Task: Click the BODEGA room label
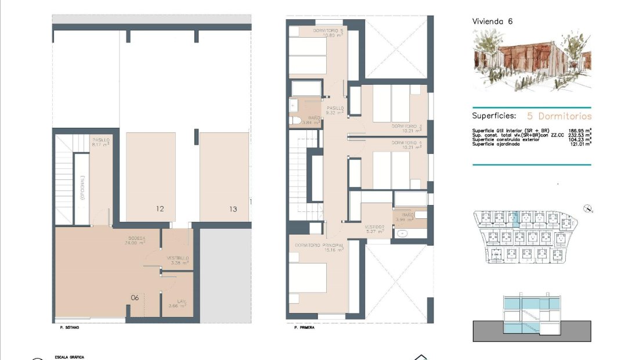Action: [137, 238]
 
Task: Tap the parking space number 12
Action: [160, 209]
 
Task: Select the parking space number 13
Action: [233, 209]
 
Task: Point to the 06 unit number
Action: [135, 297]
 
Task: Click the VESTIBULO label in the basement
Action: [178, 258]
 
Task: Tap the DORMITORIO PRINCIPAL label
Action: [319, 245]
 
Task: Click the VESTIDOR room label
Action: [374, 227]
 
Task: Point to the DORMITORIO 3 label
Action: [406, 126]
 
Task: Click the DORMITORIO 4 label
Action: [406, 142]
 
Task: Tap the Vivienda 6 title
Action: [492, 21]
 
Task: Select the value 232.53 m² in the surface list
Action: [580, 135]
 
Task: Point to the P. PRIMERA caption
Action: [304, 327]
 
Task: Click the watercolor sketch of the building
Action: [531, 61]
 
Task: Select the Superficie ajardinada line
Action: [496, 144]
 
